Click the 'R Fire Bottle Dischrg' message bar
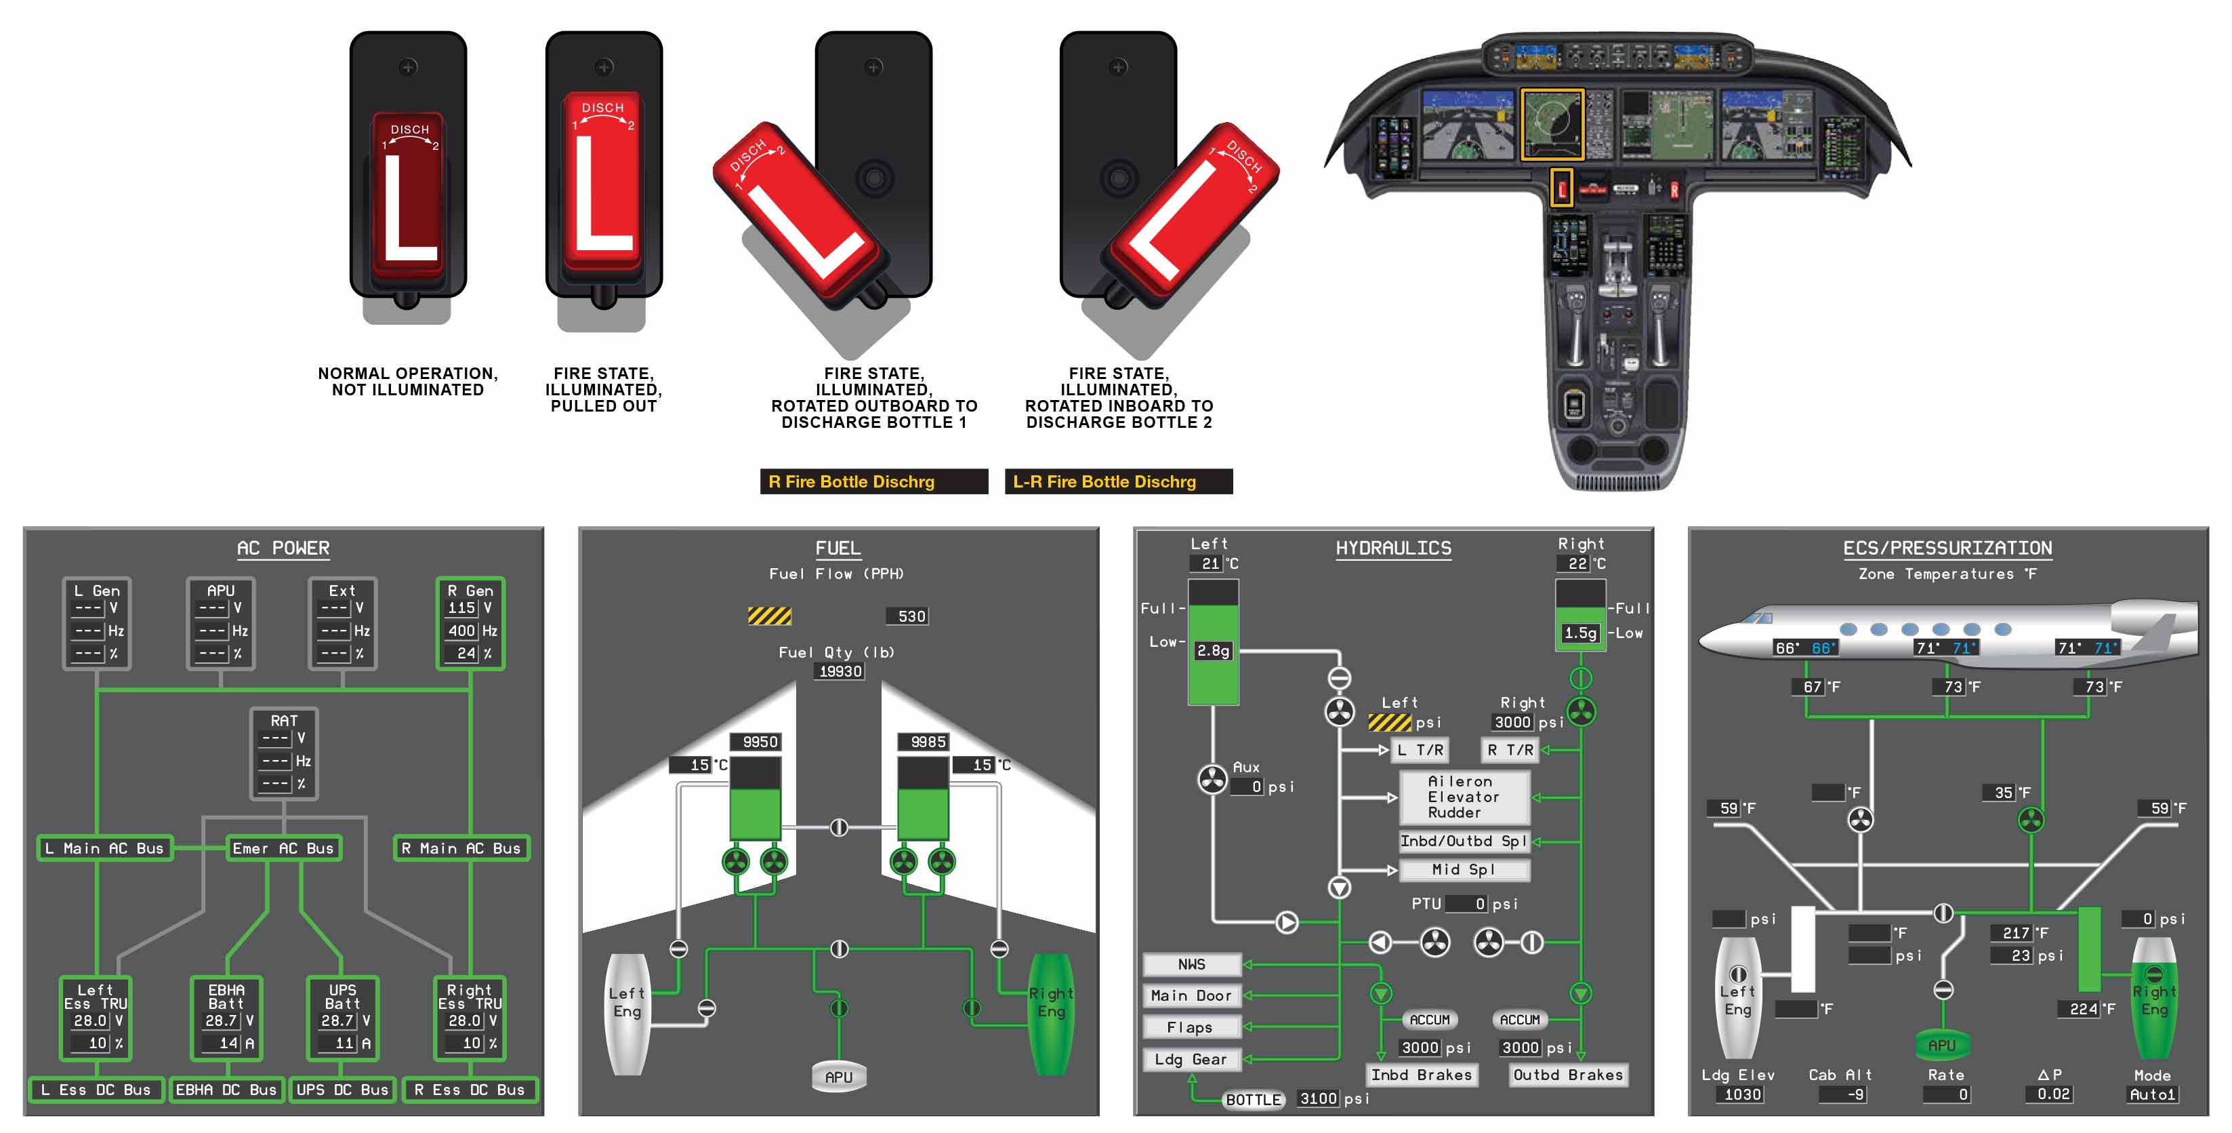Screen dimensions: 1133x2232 click(x=873, y=482)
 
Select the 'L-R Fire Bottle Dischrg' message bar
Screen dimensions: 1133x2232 click(x=1118, y=482)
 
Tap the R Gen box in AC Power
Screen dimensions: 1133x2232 click(x=470, y=623)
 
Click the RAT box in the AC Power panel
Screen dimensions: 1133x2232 click(x=284, y=753)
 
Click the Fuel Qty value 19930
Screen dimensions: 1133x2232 click(x=840, y=672)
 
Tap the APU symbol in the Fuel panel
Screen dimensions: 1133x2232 click(x=839, y=1077)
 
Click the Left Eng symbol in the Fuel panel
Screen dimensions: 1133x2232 click(x=627, y=1012)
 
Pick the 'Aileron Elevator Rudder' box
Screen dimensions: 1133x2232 click(x=1464, y=797)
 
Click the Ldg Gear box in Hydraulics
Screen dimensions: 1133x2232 click(x=1191, y=1059)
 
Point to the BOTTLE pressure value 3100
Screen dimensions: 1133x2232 click(x=1318, y=1098)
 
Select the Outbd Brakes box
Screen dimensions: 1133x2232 click(x=1568, y=1075)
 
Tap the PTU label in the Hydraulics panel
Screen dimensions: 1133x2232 click(x=1426, y=904)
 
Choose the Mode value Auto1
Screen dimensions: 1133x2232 click(x=2152, y=1094)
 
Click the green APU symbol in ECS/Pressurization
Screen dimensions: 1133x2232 click(x=1942, y=1046)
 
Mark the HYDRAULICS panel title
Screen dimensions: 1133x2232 click(x=1393, y=549)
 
